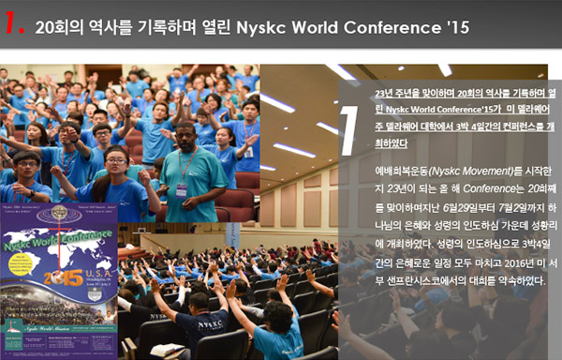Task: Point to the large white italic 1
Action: (347, 127)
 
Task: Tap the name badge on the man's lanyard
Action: (181, 189)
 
